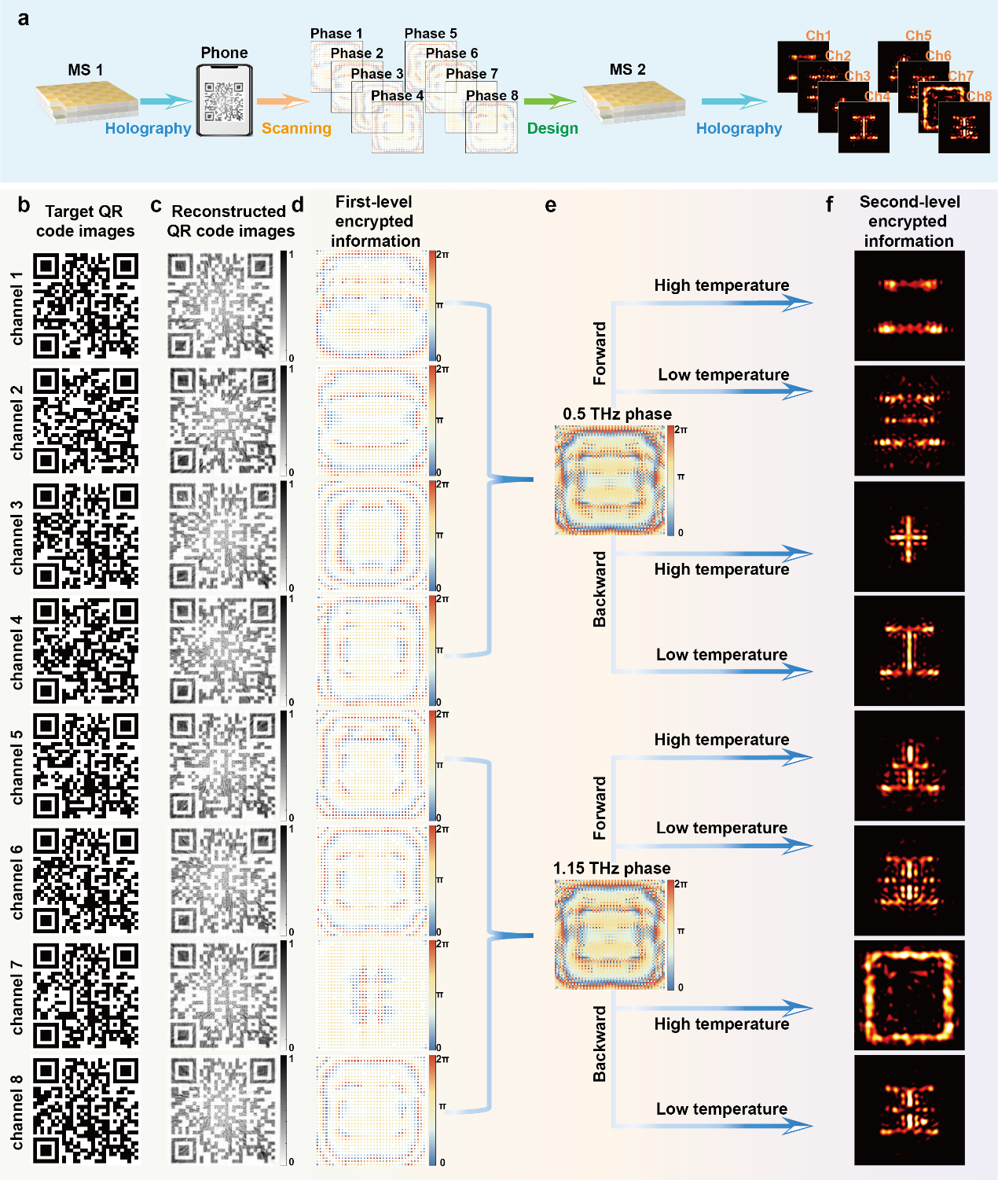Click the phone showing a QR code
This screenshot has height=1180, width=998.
point(224,100)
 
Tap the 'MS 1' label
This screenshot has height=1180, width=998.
point(86,70)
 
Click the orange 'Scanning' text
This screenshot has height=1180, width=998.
point(296,128)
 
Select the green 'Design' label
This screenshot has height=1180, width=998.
point(552,128)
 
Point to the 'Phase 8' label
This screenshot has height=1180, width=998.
point(492,96)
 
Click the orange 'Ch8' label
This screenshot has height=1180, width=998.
point(979,96)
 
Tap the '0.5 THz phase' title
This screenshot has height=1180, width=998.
point(617,414)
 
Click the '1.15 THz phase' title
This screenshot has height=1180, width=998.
point(611,868)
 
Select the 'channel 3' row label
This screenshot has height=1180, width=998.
point(17,537)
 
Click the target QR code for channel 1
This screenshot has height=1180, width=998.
point(86,305)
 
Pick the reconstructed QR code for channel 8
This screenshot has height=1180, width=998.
point(223,1109)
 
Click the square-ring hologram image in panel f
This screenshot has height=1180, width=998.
point(909,995)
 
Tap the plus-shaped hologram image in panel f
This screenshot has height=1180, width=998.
point(909,537)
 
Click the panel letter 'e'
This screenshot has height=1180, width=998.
point(550,206)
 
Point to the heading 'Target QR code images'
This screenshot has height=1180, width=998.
point(85,221)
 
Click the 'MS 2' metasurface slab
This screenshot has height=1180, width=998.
point(633,102)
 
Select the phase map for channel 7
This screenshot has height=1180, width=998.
point(372,994)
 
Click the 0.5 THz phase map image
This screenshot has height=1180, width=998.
point(611,480)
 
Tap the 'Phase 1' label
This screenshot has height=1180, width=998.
point(336,33)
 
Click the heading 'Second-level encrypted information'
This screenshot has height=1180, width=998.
point(909,221)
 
